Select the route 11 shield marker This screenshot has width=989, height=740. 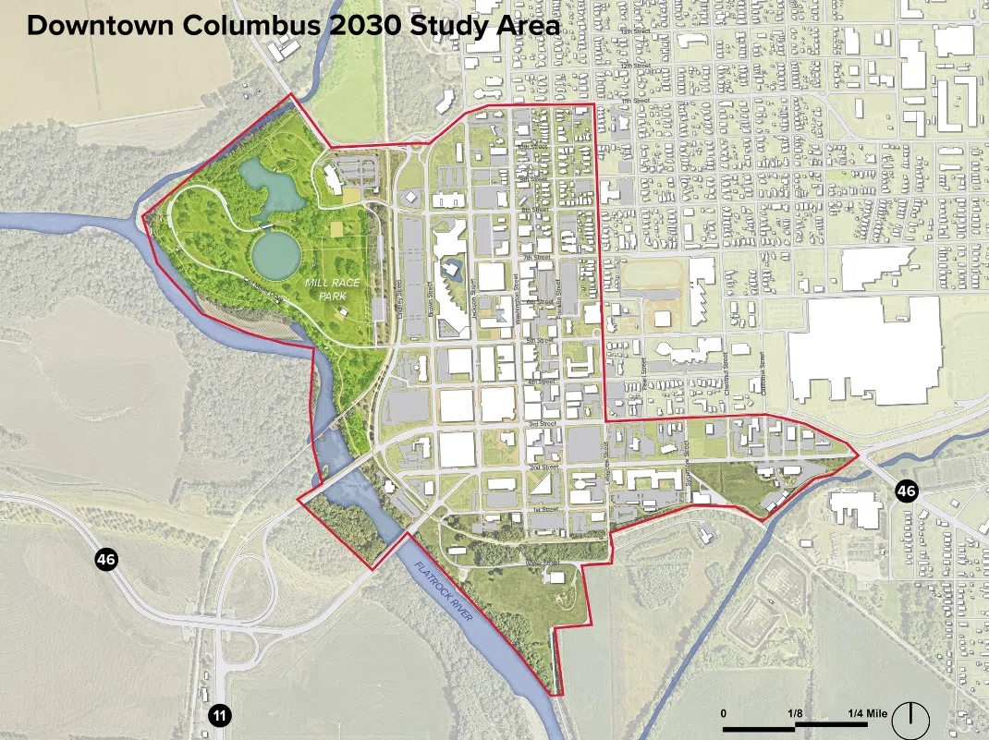point(219,715)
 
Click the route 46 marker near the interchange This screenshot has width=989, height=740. point(105,559)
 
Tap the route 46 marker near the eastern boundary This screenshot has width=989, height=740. point(906,491)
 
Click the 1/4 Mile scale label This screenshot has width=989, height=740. point(868,713)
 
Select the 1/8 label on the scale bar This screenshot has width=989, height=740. point(795,713)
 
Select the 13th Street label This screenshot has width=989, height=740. point(631,31)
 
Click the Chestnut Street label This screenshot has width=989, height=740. point(727,372)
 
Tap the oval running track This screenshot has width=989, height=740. point(652,274)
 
